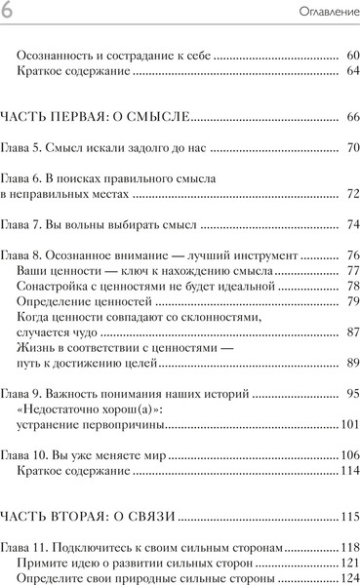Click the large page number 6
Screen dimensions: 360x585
(8, 11)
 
